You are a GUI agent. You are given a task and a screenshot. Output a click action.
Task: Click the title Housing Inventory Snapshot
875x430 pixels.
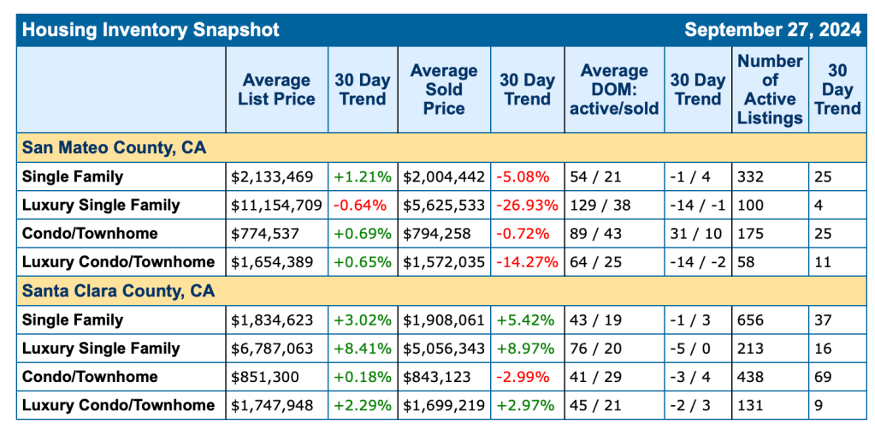(151, 30)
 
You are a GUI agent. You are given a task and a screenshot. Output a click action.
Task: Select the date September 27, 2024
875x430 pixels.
(772, 30)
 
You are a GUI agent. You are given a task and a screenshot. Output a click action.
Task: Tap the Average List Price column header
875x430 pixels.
(276, 90)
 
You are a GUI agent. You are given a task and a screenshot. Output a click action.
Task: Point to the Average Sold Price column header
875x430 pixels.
(443, 90)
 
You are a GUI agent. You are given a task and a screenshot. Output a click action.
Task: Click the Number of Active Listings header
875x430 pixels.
(770, 90)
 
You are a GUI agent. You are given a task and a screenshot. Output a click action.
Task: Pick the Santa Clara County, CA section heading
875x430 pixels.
(119, 291)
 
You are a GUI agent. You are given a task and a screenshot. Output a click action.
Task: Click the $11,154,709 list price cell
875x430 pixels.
(276, 205)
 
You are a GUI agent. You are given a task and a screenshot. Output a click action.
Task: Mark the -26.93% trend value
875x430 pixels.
(527, 205)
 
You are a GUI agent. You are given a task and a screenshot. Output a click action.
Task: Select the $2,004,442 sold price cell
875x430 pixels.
(443, 176)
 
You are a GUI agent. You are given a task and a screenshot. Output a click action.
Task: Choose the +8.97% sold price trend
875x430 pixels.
(525, 348)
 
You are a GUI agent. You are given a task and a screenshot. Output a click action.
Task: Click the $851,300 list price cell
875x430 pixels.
(264, 376)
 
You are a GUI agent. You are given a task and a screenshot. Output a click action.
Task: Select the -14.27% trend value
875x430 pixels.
(527, 261)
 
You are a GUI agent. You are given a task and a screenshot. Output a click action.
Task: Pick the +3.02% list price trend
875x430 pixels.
(364, 320)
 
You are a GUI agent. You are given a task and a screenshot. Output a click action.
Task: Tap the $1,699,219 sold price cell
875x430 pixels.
(443, 404)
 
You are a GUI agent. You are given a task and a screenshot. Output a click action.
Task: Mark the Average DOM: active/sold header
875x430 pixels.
(613, 90)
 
